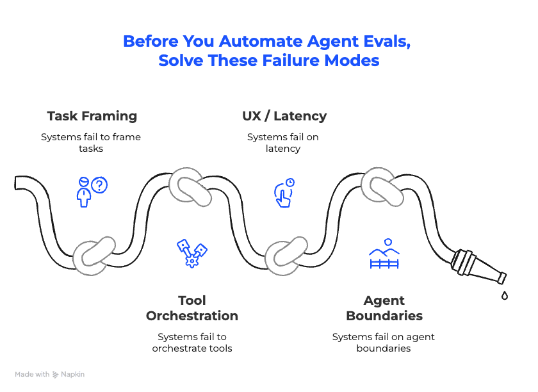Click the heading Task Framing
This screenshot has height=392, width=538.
coord(92,116)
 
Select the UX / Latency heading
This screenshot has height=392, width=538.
coord(284,116)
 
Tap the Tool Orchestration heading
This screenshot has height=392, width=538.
coord(192,308)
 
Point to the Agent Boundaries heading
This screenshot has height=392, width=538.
coord(384,308)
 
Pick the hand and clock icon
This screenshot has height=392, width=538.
coord(284,192)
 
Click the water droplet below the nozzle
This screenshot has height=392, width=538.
coord(505,296)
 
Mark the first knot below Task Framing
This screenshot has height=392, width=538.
coord(95,256)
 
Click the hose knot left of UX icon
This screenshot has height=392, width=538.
coord(190,188)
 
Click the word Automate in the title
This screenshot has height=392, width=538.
coord(259,42)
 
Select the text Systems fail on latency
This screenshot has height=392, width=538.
coord(282,143)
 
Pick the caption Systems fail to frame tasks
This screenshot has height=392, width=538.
coord(91,143)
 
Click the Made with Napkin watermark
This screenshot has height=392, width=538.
coord(50,374)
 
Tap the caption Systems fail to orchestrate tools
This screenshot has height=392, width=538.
coord(192,343)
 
